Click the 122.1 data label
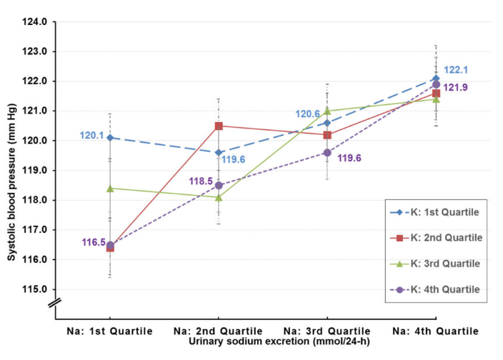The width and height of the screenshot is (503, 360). point(456,70)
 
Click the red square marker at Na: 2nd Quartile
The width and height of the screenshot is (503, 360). point(219,126)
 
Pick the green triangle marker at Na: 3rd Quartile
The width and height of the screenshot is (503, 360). point(327,111)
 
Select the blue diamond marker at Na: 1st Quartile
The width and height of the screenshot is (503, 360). point(110,138)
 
